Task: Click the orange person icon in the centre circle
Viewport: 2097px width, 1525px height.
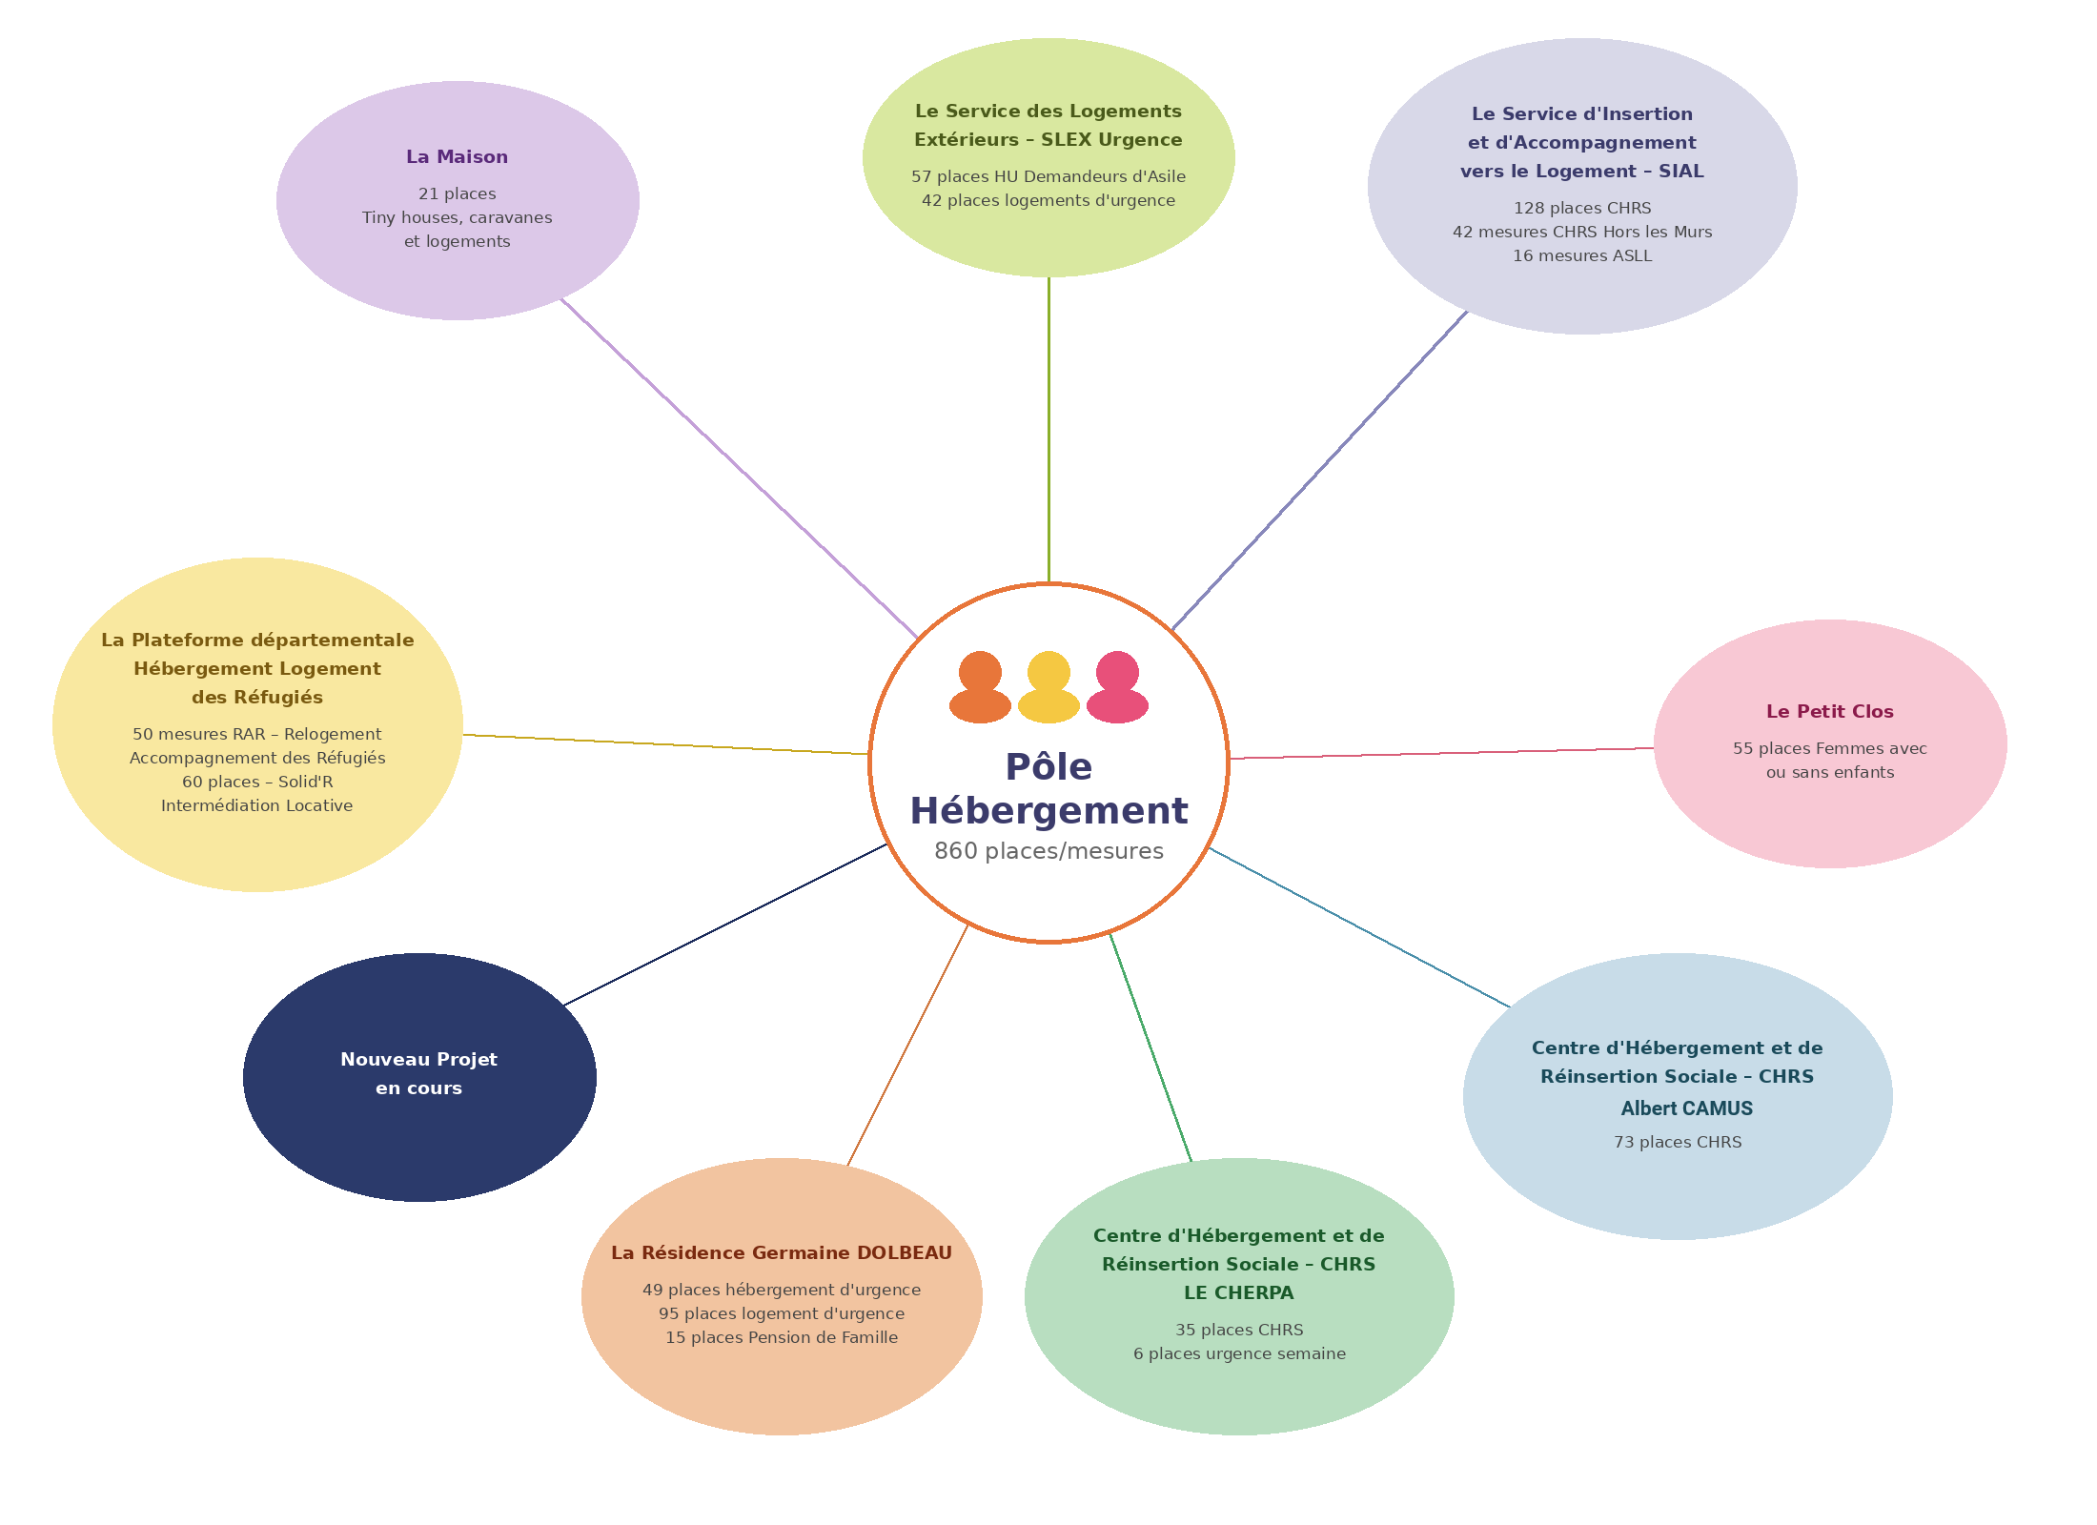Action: (x=980, y=686)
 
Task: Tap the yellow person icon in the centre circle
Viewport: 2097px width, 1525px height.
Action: (x=1048, y=686)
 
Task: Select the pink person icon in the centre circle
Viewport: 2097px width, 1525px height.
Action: (x=1117, y=686)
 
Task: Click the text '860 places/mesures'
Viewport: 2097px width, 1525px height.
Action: (x=1048, y=851)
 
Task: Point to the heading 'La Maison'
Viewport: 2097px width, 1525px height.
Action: (x=457, y=157)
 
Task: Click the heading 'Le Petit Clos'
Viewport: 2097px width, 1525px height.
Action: (x=1829, y=712)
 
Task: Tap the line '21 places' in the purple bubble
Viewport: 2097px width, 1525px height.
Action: (x=457, y=194)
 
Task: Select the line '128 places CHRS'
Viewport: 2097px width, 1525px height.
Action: (x=1582, y=209)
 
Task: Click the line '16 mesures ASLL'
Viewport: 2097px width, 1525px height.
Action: (x=1582, y=256)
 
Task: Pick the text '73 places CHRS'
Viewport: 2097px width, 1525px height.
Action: (x=1678, y=1143)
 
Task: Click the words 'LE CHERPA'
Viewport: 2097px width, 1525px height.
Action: (x=1238, y=1293)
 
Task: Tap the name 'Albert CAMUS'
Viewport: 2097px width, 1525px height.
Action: (x=1686, y=1108)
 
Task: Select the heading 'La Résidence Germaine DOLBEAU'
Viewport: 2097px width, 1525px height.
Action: (x=782, y=1253)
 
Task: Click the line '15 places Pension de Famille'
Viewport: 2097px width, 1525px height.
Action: (x=782, y=1338)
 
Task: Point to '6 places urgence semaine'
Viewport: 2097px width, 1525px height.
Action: (x=1239, y=1354)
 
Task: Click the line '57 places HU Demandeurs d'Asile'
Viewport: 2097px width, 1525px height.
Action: (x=1048, y=177)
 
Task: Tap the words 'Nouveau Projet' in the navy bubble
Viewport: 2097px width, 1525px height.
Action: (x=418, y=1060)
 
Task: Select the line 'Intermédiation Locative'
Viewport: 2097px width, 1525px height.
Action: (x=256, y=806)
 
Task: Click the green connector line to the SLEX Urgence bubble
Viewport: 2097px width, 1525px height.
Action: (x=1048, y=429)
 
